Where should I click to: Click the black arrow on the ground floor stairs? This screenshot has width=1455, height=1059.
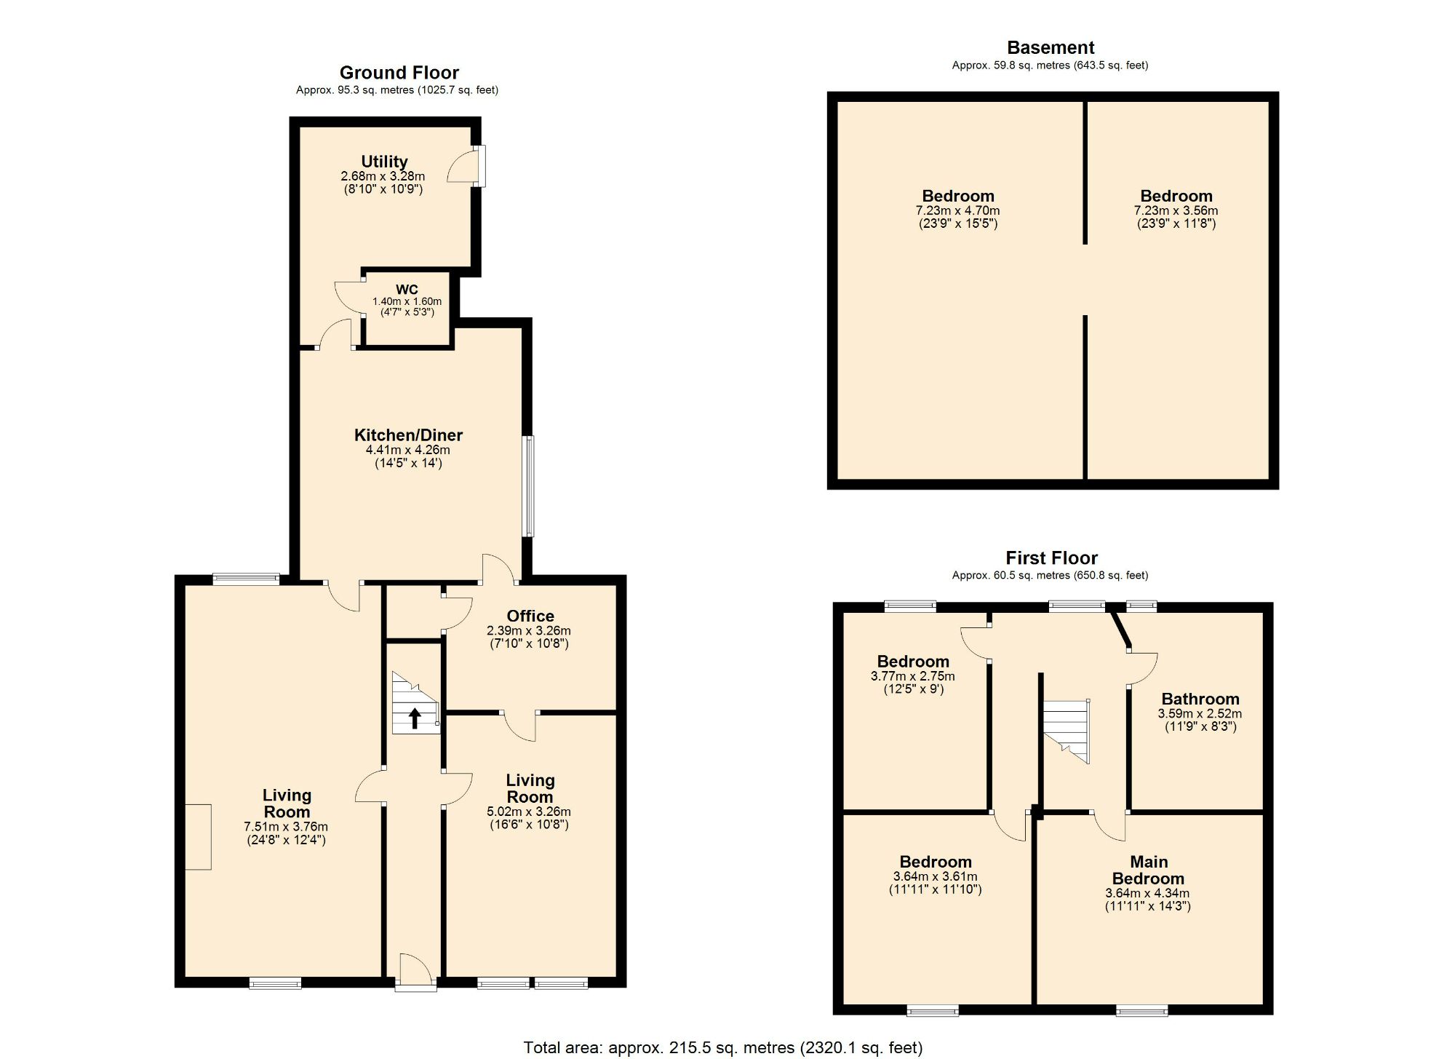pyautogui.click(x=415, y=718)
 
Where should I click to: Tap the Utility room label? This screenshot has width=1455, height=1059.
pyautogui.click(x=384, y=162)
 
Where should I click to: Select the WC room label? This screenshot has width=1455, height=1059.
pyautogui.click(x=407, y=290)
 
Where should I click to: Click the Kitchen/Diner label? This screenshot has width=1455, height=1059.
pyautogui.click(x=408, y=435)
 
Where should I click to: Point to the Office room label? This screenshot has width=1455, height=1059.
pyautogui.click(x=530, y=616)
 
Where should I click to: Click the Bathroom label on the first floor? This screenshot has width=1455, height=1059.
pyautogui.click(x=1200, y=699)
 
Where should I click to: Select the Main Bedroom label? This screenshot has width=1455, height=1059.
pyautogui.click(x=1148, y=870)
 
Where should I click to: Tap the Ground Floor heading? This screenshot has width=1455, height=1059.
pyautogui.click(x=399, y=73)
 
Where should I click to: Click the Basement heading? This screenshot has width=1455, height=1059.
pyautogui.click(x=1050, y=48)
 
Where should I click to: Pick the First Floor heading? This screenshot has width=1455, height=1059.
pyautogui.click(x=1051, y=558)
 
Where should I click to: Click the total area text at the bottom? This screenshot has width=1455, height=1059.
pyautogui.click(x=722, y=1048)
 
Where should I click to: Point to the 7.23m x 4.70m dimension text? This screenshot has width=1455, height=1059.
pyautogui.click(x=957, y=210)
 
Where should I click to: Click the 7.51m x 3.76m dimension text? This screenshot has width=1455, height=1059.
pyautogui.click(x=286, y=827)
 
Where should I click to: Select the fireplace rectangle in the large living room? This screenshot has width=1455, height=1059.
pyautogui.click(x=198, y=836)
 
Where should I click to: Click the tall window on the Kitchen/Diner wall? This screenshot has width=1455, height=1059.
pyautogui.click(x=530, y=486)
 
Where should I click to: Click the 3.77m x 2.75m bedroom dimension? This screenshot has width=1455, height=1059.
pyautogui.click(x=912, y=676)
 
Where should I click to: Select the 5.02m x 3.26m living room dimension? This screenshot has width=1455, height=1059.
pyautogui.click(x=529, y=812)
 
